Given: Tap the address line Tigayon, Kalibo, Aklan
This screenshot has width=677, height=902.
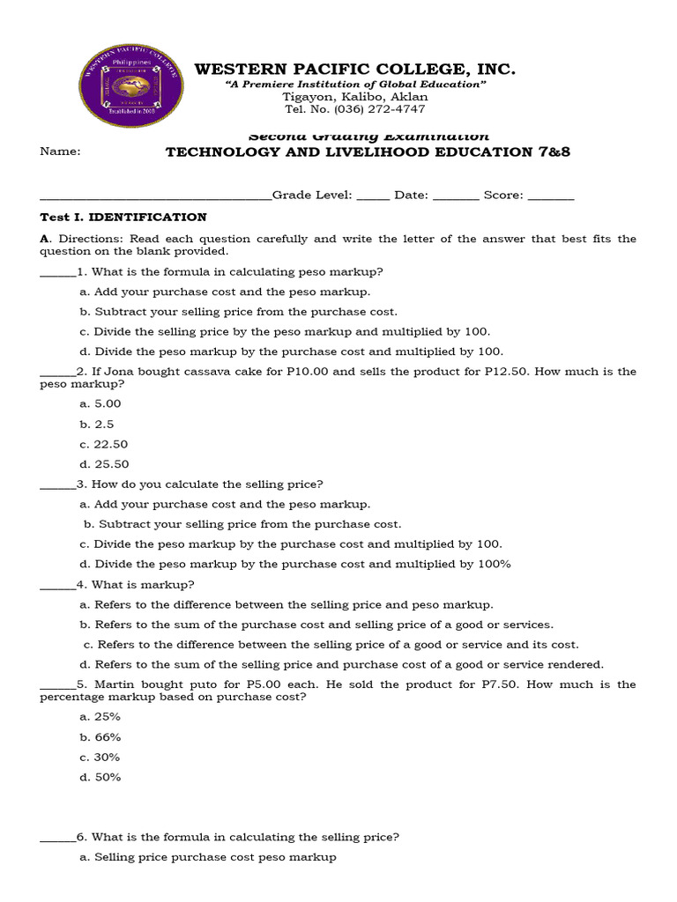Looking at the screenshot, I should click(x=354, y=97).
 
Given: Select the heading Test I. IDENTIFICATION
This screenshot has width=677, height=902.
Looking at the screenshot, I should click(x=123, y=217).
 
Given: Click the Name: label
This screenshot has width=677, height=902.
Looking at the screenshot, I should click(x=61, y=151).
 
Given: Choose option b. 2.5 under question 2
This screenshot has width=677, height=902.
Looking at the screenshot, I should click(x=97, y=424).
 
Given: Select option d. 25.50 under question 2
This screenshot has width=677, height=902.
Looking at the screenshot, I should click(x=103, y=464).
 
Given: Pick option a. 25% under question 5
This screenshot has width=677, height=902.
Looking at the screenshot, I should click(x=100, y=717).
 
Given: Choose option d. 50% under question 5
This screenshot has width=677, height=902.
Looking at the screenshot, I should click(x=100, y=778).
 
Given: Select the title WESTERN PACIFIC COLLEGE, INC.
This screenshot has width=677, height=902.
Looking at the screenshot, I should click(x=354, y=70).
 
